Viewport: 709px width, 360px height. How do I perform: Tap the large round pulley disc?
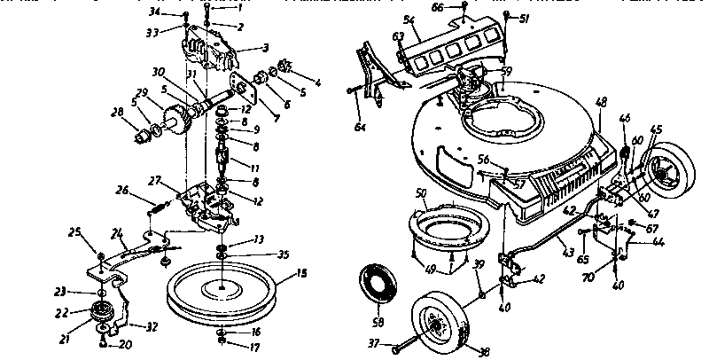tap(221, 287)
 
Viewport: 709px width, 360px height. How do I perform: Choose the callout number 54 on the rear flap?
tap(409, 20)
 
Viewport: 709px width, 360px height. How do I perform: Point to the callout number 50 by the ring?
tap(420, 192)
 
